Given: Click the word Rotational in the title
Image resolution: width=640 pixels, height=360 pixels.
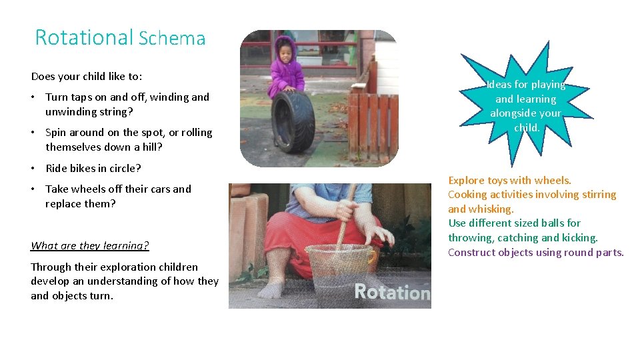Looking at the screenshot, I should [x=84, y=37].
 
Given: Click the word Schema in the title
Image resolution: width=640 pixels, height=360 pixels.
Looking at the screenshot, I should [x=172, y=39].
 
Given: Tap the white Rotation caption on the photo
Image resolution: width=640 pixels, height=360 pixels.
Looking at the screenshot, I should [x=391, y=291].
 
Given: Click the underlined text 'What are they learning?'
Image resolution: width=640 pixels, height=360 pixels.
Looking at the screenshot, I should [x=90, y=245].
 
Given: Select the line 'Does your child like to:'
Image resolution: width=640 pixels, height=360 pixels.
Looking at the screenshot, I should [x=87, y=76].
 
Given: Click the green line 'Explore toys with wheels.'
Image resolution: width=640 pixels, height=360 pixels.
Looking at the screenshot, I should [x=509, y=180].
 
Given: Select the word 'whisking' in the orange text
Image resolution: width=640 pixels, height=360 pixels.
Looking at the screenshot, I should [x=491, y=209].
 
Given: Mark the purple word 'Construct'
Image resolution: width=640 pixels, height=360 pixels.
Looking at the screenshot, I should [x=473, y=252].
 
